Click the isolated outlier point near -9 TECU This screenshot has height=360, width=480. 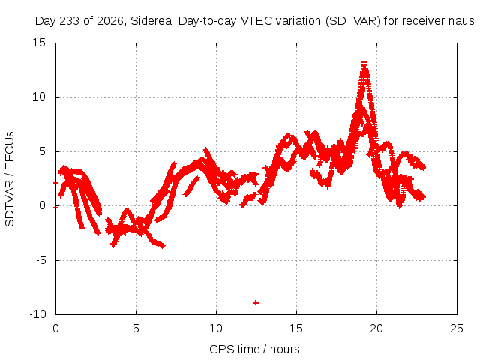coord(256,303)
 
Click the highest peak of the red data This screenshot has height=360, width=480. coord(364,62)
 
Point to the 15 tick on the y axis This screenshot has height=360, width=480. coord(39,43)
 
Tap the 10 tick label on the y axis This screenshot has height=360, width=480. coord(39,97)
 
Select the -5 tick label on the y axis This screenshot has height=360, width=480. coord(40,260)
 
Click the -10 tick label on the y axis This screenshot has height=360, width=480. coord(37,314)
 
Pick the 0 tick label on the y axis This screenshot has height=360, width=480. coord(42,205)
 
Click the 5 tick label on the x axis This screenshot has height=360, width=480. coord(136,328)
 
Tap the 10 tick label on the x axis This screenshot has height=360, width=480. coord(216,328)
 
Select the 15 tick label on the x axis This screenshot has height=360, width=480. coord(296,328)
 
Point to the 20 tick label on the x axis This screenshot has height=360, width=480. coord(376,328)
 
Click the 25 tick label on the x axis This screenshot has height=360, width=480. coord(457,328)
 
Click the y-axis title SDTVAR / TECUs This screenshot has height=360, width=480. coord(10,179)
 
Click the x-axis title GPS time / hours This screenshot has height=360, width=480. coord(254,349)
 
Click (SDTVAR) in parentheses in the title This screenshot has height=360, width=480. coord(353,21)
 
